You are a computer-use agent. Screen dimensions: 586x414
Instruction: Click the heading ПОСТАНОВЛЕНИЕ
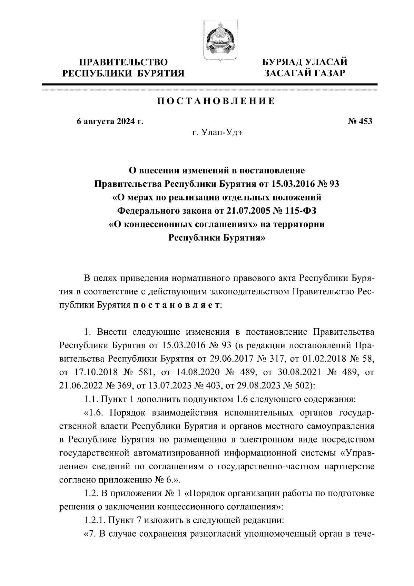(x=216, y=101)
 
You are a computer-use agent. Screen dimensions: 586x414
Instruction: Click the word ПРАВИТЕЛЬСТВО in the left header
(x=124, y=62)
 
